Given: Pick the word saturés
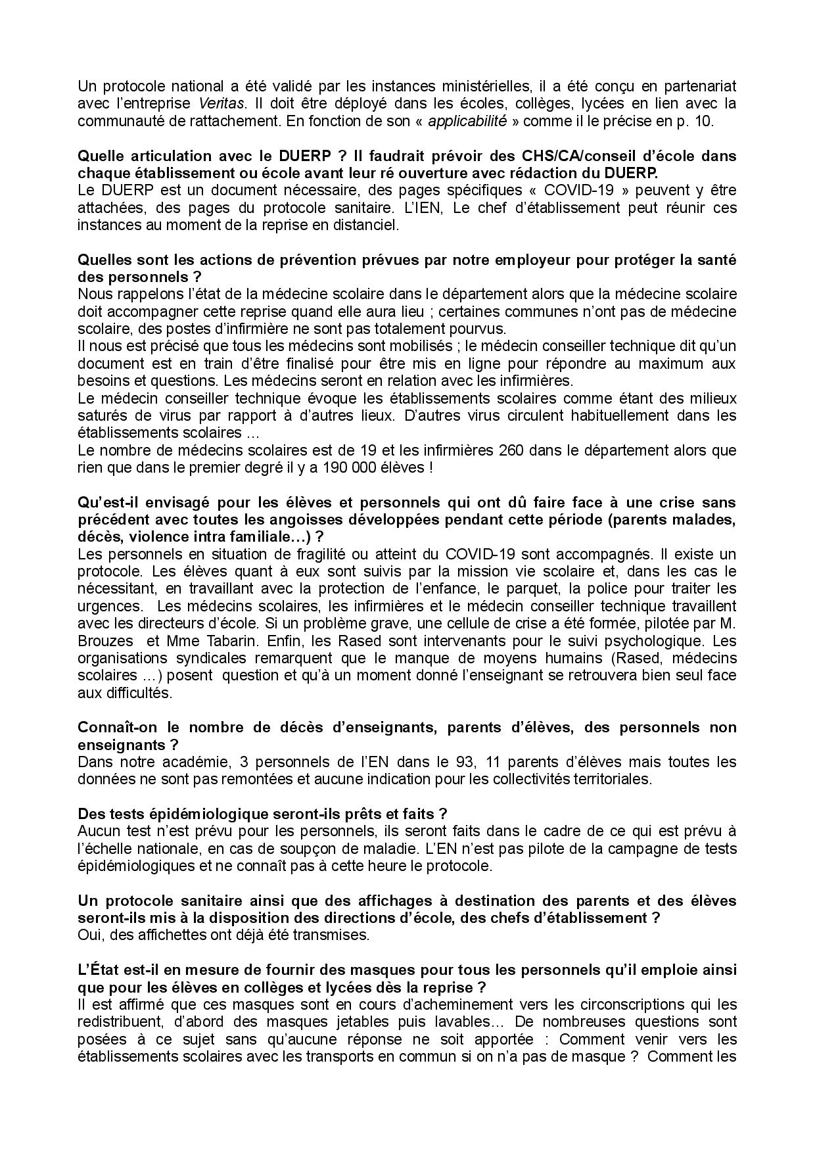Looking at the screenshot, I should pyautogui.click(x=100, y=415).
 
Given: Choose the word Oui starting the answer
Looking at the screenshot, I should pyautogui.click(x=88, y=935).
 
